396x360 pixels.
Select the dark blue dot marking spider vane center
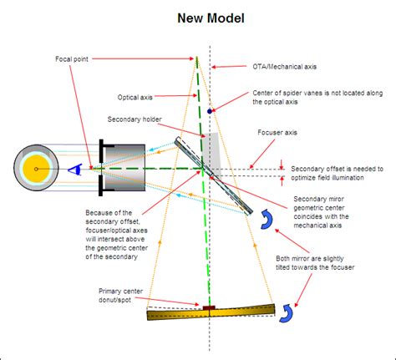click(x=211, y=110)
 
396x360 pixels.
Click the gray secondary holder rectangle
click(x=215, y=149)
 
